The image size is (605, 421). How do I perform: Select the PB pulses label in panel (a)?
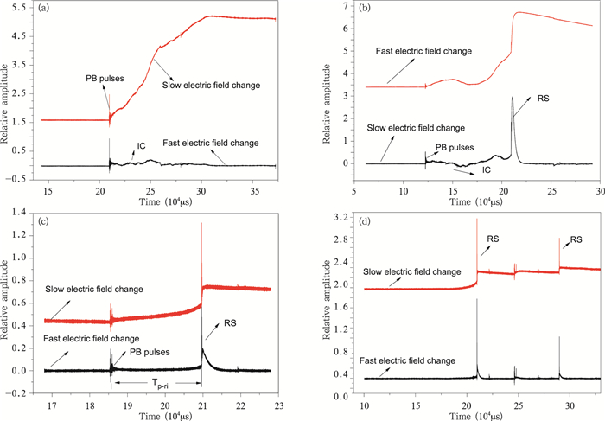tap(105, 79)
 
